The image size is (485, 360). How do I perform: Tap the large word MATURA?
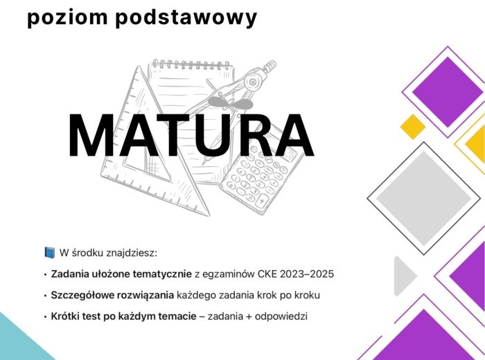pyautogui.click(x=191, y=136)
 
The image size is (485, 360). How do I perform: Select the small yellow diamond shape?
pyautogui.click(x=412, y=126)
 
